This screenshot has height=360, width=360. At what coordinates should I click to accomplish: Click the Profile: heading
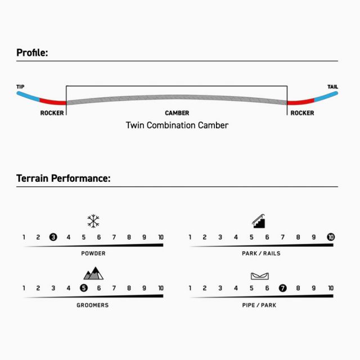coord(32,53)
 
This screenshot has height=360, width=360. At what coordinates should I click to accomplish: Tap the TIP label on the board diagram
coord(20,87)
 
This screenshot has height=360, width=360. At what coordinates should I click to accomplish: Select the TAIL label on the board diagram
coord(332,87)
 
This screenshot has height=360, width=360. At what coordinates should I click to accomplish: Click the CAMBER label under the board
coord(177,113)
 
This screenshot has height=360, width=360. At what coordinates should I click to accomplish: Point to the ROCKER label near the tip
coord(52,113)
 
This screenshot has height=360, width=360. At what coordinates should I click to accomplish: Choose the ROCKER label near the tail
coord(302,113)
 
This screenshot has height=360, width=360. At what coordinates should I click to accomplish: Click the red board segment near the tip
coord(53,102)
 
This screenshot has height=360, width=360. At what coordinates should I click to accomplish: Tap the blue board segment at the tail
coord(326,96)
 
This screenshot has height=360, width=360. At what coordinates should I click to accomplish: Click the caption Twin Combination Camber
coord(177,125)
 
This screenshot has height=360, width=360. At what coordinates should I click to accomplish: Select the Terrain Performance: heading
coord(64,178)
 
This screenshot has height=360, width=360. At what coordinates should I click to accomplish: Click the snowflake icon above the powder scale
coord(93,221)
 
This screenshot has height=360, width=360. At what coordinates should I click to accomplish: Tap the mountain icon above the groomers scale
coord(93,273)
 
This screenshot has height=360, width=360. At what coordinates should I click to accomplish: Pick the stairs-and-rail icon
coord(259,221)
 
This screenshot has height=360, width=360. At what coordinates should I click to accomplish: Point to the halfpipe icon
coord(260,276)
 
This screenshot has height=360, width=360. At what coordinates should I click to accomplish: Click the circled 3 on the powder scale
coord(53,237)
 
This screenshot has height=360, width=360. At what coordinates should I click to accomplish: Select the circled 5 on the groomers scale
coord(84,288)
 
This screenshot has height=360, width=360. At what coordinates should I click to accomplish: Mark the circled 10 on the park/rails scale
coord(331,237)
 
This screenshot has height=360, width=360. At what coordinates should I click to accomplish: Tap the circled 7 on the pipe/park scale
coord(282,288)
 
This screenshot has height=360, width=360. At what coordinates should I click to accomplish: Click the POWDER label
coord(93,254)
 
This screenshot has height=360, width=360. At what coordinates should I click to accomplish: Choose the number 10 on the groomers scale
coord(161,288)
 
